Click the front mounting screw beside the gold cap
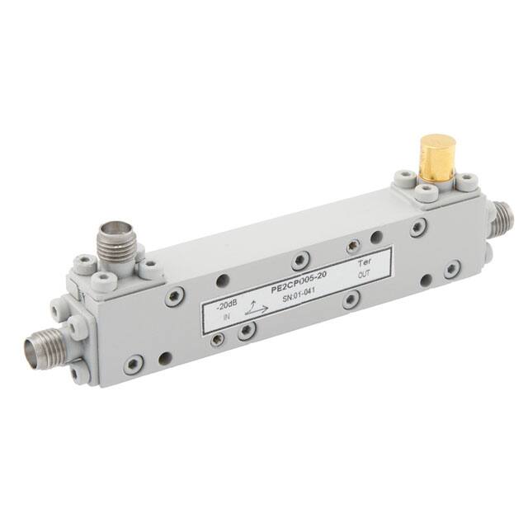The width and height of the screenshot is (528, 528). [425, 194]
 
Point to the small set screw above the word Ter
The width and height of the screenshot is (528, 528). [354, 245]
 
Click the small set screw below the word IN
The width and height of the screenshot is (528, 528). [217, 339]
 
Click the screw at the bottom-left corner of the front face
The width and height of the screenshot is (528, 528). [133, 364]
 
